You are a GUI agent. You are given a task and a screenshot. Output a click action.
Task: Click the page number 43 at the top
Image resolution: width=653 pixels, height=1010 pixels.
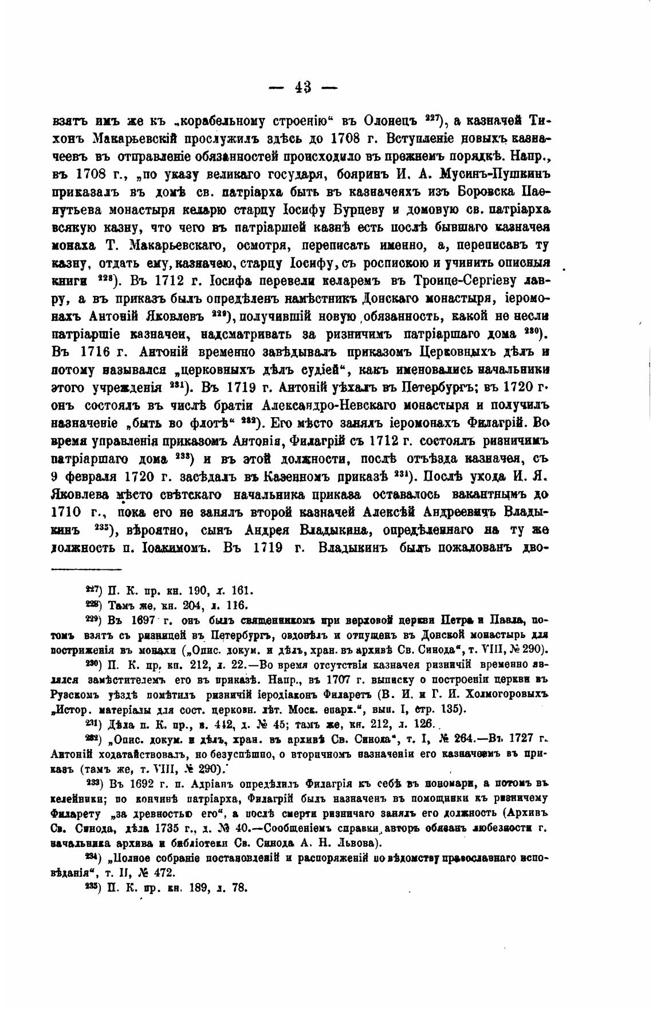pyautogui.click(x=304, y=87)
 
